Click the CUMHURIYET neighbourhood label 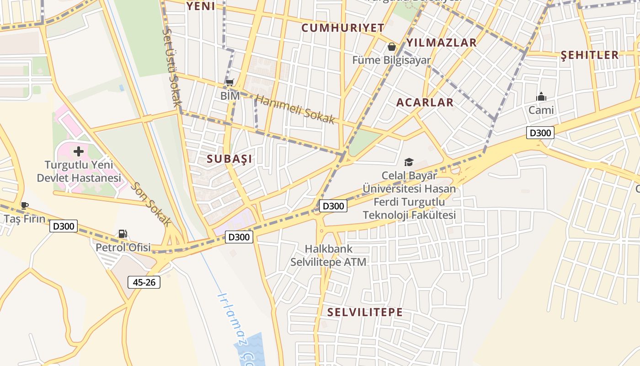point(343,28)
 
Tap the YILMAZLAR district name point(442,43)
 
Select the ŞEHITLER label point(589,55)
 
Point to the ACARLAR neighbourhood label point(425,102)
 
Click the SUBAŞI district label point(229,159)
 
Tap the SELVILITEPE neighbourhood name point(365,312)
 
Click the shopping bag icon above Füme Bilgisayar point(392,47)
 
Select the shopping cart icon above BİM point(230,83)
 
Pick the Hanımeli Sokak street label point(295,109)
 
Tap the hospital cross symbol point(79,151)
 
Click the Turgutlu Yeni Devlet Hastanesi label point(79,172)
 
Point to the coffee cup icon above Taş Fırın point(24,205)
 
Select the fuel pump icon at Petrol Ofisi point(123,234)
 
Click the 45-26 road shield point(144,282)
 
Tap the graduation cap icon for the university point(409,162)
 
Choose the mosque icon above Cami point(541,97)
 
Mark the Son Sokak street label point(151,205)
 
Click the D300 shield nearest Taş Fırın point(64,226)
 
